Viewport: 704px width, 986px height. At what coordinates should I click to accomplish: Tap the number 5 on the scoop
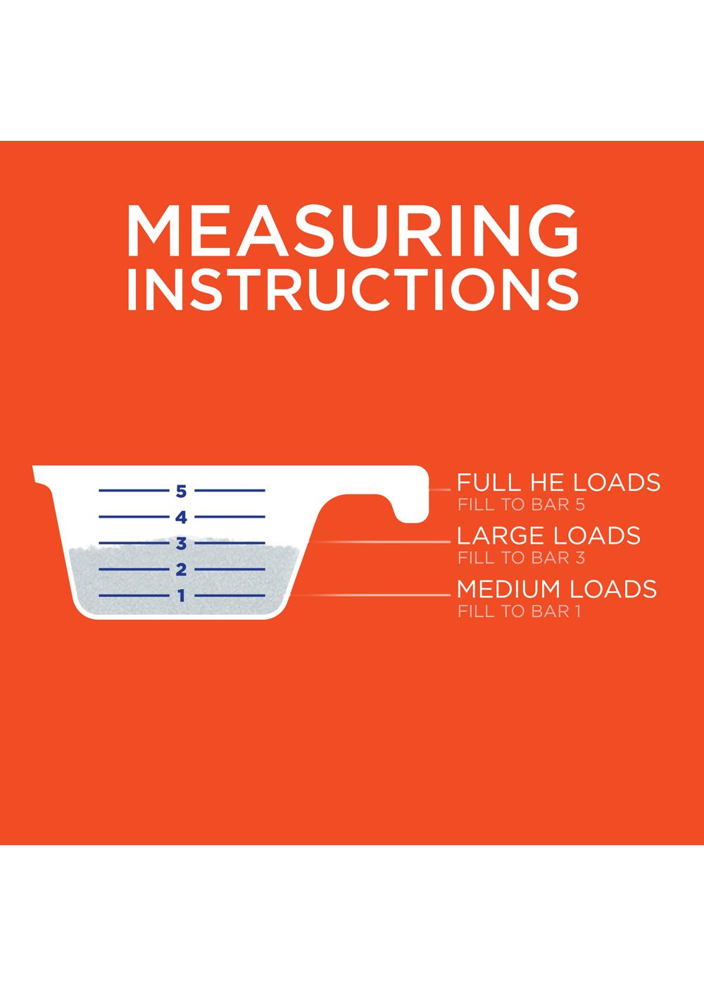pyautogui.click(x=182, y=491)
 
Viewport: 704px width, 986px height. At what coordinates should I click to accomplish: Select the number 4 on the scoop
pyautogui.click(x=182, y=517)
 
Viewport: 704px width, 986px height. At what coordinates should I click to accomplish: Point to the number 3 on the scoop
pyautogui.click(x=182, y=544)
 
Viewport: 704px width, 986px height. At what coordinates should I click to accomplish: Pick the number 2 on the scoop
pyautogui.click(x=182, y=570)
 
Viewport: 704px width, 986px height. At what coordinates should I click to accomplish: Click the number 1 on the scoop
pyautogui.click(x=182, y=596)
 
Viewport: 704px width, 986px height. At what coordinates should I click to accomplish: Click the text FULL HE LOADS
pyautogui.click(x=558, y=482)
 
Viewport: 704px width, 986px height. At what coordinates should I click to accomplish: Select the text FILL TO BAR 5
pyautogui.click(x=522, y=504)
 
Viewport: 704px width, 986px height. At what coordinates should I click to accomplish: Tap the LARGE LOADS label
pyautogui.click(x=548, y=536)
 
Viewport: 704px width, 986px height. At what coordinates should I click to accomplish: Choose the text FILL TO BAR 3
pyautogui.click(x=522, y=558)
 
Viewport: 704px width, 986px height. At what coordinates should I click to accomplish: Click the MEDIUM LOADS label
pyautogui.click(x=557, y=589)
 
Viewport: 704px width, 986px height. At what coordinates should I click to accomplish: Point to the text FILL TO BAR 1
pyautogui.click(x=520, y=611)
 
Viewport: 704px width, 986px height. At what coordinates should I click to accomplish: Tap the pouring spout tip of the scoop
pyautogui.click(x=35, y=470)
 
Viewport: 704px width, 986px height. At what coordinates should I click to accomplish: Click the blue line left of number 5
pyautogui.click(x=134, y=490)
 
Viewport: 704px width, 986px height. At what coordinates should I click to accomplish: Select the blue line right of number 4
pyautogui.click(x=230, y=516)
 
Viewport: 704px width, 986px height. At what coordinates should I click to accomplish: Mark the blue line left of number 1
pyautogui.click(x=134, y=596)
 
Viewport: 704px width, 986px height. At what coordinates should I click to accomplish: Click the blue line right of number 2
pyautogui.click(x=230, y=569)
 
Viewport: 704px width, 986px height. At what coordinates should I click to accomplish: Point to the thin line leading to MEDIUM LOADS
pyautogui.click(x=370, y=596)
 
